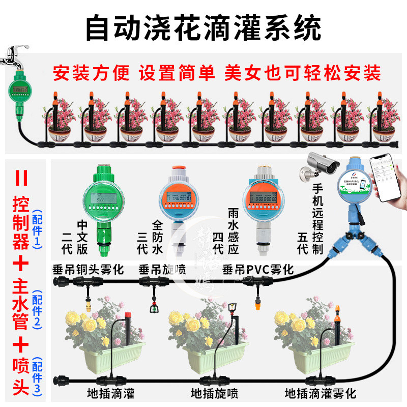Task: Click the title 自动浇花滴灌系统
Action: click(203, 28)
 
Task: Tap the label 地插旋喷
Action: click(214, 393)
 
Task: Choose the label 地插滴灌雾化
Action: click(320, 393)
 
